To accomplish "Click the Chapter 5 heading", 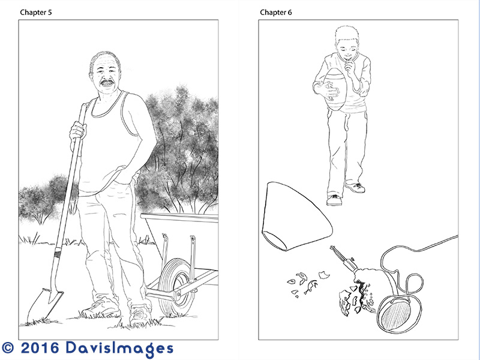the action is [x=36, y=12].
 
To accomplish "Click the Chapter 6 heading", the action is [x=276, y=12].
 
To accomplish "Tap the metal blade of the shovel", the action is [x=44, y=305].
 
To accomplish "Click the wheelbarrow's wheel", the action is [x=175, y=287].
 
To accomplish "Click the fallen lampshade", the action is [x=295, y=216].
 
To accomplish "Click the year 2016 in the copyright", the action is [x=40, y=348].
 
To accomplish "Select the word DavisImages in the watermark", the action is [x=119, y=349].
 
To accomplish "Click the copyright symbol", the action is [x=8, y=348].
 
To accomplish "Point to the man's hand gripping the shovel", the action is [x=77, y=131].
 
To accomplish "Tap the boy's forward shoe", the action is [x=334, y=200].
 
